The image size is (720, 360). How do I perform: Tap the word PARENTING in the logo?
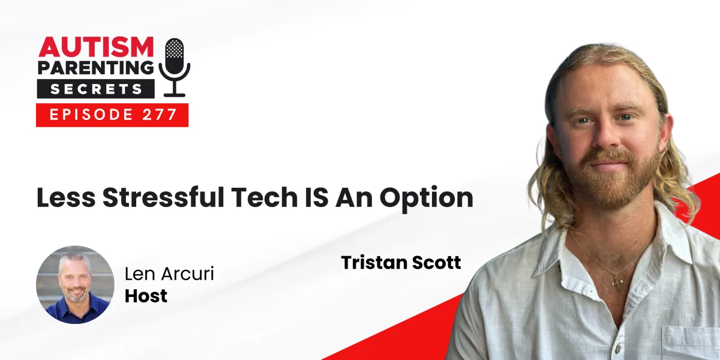(96, 67)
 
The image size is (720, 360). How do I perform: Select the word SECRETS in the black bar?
(96, 89)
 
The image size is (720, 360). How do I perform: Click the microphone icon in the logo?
(174, 65)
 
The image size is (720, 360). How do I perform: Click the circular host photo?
(75, 284)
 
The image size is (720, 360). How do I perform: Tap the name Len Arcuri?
(169, 275)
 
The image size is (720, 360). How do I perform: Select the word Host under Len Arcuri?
(146, 295)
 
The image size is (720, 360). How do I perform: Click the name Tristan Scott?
(401, 262)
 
